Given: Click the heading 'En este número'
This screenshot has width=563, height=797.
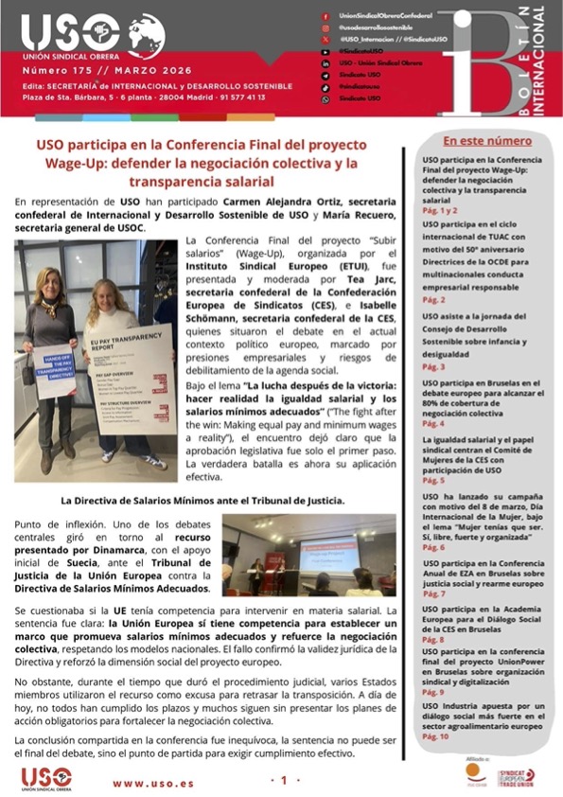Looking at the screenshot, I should (487, 140).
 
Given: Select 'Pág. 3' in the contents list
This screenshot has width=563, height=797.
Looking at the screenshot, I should (432, 365).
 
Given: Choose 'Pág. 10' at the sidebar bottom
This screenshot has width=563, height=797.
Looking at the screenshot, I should (436, 735).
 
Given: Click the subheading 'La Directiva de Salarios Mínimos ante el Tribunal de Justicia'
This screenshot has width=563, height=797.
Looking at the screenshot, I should (202, 500).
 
